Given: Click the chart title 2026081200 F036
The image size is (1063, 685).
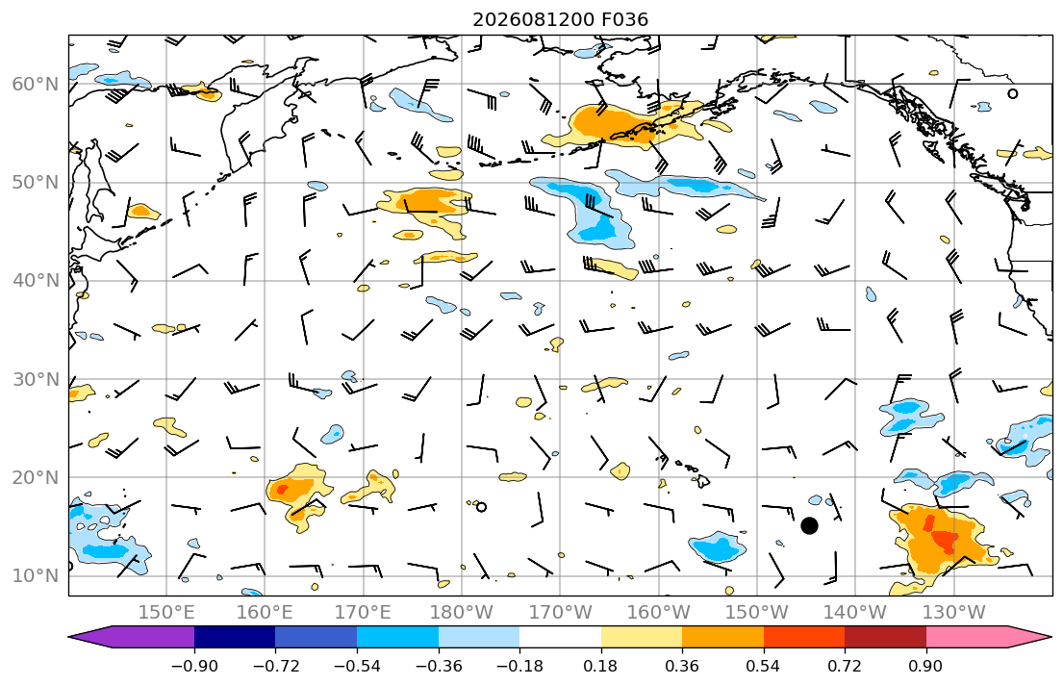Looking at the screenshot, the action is point(560,19).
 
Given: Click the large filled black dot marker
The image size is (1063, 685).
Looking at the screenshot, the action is point(809,525).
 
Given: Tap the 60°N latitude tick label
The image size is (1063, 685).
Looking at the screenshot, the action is point(36,84).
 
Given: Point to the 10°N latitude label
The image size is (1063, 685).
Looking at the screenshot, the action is point(36,576).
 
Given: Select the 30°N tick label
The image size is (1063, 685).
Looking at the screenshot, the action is point(36,379).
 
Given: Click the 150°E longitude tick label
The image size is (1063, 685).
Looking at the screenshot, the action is point(166,613).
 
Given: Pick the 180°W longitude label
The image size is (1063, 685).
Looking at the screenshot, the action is point(462,613).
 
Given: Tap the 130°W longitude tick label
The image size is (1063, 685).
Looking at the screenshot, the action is point(954,613).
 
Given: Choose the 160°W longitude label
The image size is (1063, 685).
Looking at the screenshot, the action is point(659,613).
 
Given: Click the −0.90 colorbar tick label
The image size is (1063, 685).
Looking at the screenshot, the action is point(194,666).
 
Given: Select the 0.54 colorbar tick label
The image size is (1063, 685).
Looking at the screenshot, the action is point(764,666).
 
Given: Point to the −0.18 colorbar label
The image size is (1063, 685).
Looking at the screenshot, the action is point(519,666).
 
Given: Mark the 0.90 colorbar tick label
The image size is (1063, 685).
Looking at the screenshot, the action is point(926,666).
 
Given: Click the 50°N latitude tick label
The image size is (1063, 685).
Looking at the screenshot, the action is point(36,183).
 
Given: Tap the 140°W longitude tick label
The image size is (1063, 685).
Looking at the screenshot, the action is point(855,613).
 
